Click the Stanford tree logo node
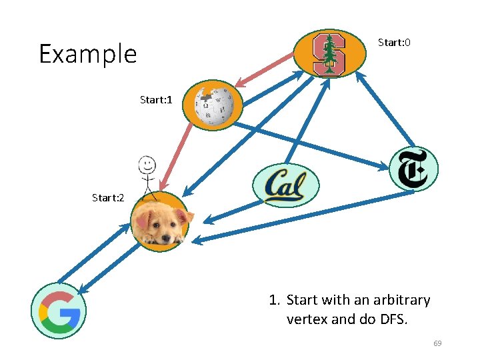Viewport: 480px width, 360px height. click(x=329, y=54)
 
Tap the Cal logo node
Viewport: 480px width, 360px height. click(x=286, y=185)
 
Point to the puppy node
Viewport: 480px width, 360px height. click(x=160, y=222)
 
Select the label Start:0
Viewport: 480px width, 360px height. click(x=394, y=43)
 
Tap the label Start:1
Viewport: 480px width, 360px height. click(x=156, y=100)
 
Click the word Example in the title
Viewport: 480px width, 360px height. click(x=87, y=54)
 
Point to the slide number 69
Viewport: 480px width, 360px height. click(x=437, y=343)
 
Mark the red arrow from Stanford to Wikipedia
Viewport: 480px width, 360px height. click(x=265, y=69)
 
